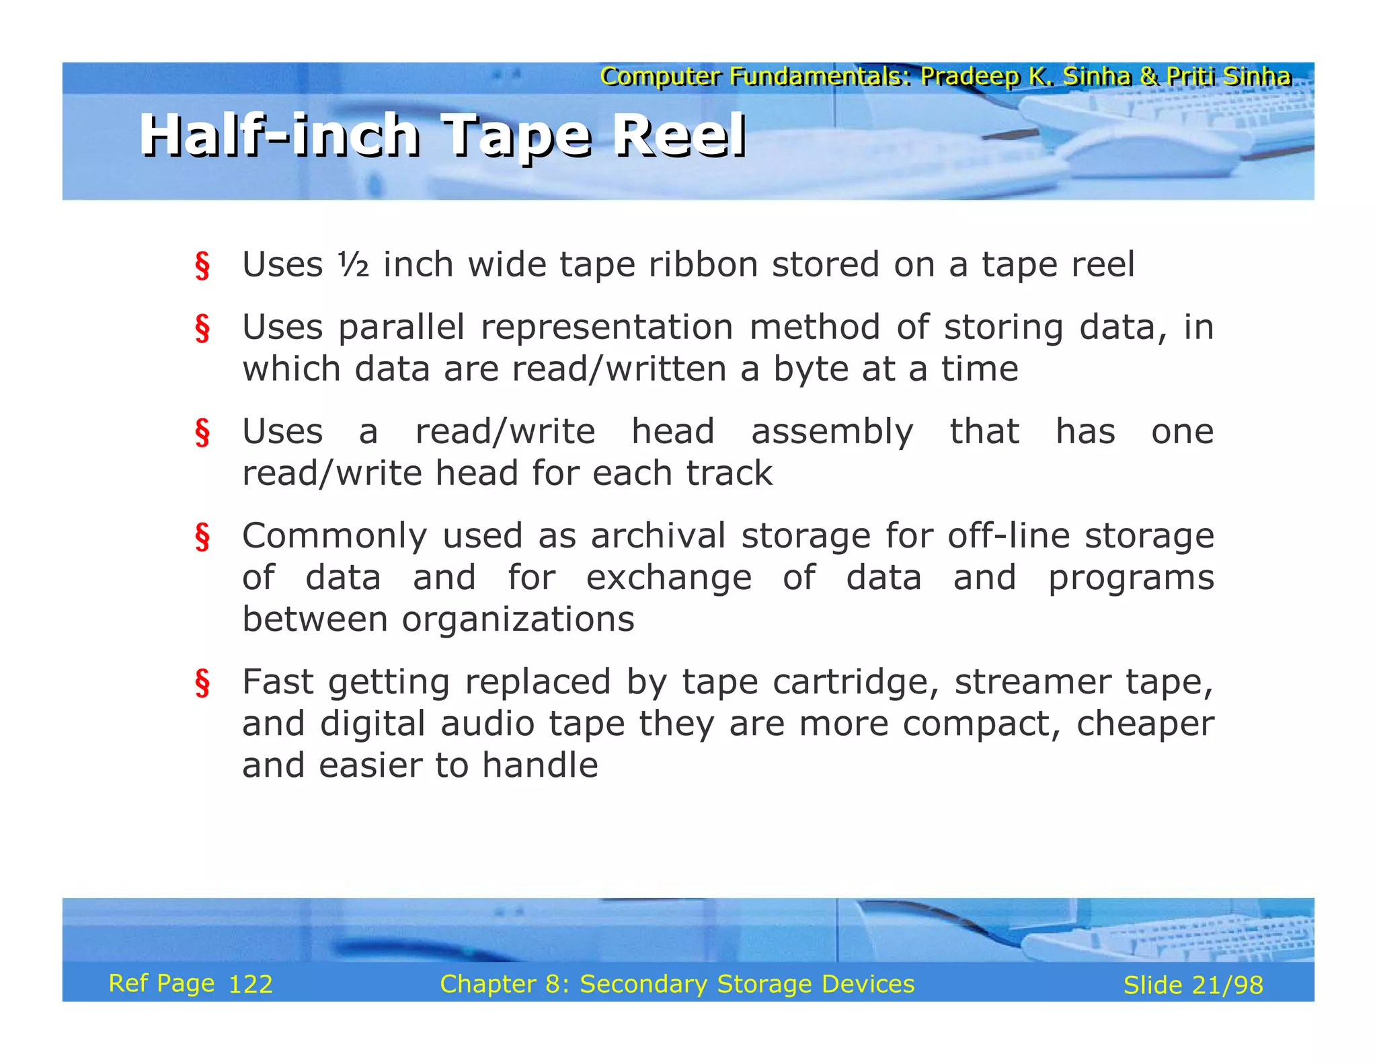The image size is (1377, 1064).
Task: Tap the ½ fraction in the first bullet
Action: pyautogui.click(x=353, y=264)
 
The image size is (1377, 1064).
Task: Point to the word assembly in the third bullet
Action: pyautogui.click(x=832, y=432)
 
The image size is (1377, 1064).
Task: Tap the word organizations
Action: pyautogui.click(x=518, y=619)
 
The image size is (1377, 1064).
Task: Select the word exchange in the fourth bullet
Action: pyautogui.click(x=668, y=578)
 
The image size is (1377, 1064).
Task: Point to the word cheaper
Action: pyautogui.click(x=1145, y=724)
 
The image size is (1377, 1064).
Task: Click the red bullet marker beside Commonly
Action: pyautogui.click(x=202, y=537)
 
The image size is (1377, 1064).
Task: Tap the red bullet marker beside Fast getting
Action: pyautogui.click(x=202, y=683)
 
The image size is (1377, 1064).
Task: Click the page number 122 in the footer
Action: pyautogui.click(x=251, y=985)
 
